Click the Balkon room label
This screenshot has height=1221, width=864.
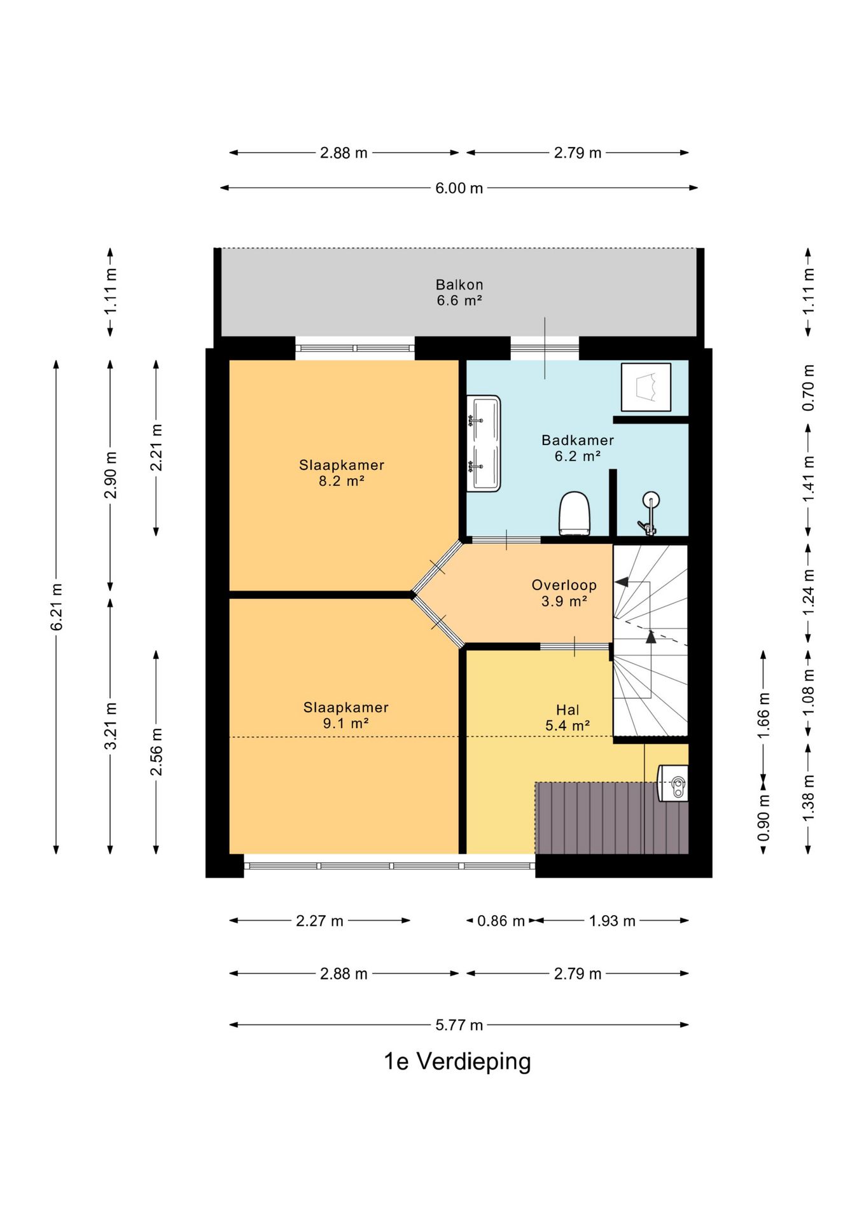[x=459, y=293]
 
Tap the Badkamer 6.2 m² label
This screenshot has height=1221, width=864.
[x=578, y=448]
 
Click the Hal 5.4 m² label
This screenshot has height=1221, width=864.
[x=568, y=717]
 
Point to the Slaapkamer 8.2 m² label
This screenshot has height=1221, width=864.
[x=342, y=473]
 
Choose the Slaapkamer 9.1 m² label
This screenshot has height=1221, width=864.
[x=345, y=715]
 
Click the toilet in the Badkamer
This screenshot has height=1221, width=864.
[x=575, y=513]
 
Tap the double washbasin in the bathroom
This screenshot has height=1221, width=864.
[x=484, y=443]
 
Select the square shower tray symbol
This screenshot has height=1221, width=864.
[x=646, y=387]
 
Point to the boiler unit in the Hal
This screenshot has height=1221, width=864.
[x=673, y=783]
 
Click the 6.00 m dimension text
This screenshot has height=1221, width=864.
[x=459, y=188]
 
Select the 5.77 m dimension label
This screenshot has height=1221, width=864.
[x=459, y=1024]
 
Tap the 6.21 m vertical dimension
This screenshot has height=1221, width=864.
[x=57, y=607]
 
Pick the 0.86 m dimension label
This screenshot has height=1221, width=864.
[x=501, y=920]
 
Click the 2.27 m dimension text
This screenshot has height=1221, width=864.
[x=319, y=920]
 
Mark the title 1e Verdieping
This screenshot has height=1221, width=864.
[x=457, y=1061]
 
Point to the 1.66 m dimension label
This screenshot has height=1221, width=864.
[x=763, y=715]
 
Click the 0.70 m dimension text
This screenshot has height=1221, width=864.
[x=808, y=387]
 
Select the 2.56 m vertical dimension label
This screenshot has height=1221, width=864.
[x=156, y=752]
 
